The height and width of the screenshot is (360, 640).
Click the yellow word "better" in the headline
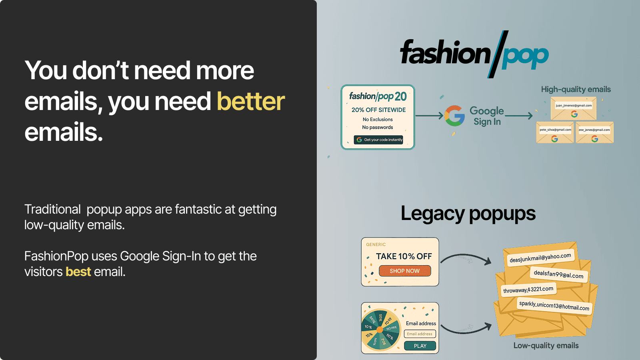click(251, 102)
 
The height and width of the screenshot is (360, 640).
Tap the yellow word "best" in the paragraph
click(78, 272)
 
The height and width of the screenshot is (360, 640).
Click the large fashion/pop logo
click(474, 54)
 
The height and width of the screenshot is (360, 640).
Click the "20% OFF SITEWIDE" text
click(378, 110)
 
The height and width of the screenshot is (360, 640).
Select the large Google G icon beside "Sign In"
click(454, 116)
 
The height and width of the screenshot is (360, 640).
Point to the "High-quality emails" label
click(576, 89)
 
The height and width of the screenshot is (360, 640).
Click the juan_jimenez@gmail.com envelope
click(574, 109)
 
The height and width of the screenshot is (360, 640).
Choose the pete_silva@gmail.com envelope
click(555, 133)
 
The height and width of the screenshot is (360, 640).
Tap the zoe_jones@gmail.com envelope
click(594, 133)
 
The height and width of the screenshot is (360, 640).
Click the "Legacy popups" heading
click(468, 214)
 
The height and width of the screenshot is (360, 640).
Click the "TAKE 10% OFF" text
click(404, 256)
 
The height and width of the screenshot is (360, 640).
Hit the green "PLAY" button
click(420, 346)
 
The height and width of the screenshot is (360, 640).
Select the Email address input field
click(420, 334)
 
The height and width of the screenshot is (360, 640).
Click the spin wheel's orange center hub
click(380, 330)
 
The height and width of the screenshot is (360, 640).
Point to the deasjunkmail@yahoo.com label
click(540, 258)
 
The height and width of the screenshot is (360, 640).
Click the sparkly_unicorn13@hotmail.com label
click(554, 306)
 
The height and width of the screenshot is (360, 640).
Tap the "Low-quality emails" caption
click(546, 346)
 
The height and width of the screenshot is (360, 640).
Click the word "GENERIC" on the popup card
click(376, 244)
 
